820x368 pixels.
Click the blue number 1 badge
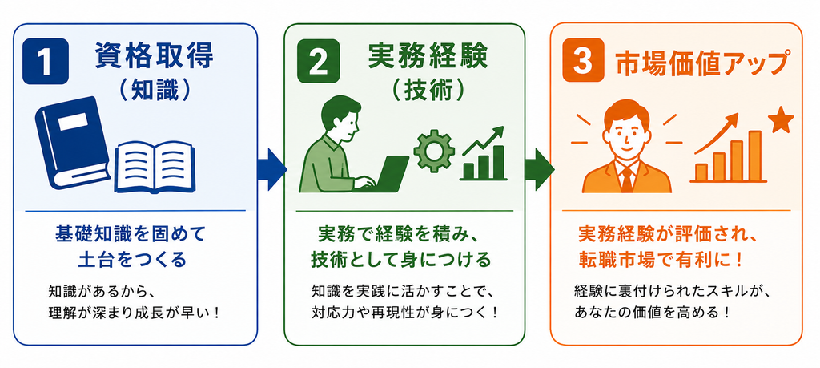coord(46,61)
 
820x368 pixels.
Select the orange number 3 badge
coord(583,60)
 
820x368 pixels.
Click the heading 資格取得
coord(154,57)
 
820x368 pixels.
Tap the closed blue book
coord(72,142)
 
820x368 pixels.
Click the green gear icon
coord(432,151)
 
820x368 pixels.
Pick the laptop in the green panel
coord(382,174)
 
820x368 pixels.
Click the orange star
coord(782,121)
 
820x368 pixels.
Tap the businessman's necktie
coord(626,178)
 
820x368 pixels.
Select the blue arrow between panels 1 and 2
coord(272,169)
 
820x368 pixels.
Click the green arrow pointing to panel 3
coord(539,169)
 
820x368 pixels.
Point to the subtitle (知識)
coord(154,91)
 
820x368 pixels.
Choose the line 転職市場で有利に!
coord(661,260)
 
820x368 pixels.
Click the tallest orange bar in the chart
coord(754,156)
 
